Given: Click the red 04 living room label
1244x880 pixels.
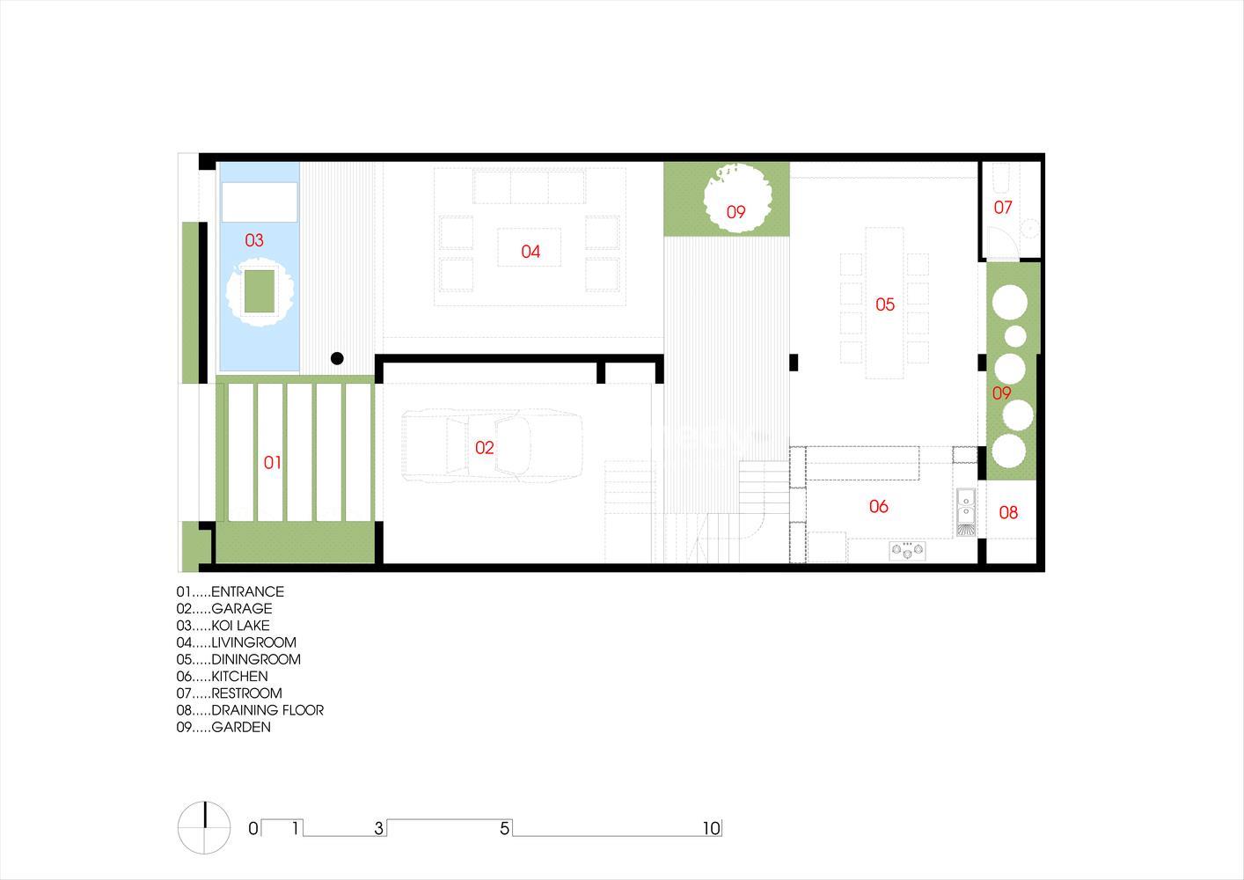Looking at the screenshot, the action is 531,252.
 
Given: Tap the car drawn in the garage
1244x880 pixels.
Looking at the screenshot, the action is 492,445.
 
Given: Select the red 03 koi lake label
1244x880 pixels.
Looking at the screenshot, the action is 254,240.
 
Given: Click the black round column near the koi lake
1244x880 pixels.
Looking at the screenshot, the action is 337,358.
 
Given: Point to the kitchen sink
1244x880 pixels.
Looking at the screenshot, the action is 966,512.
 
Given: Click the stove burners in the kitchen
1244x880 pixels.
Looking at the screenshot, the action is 907,550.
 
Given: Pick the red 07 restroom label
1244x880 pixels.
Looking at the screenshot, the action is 1002,207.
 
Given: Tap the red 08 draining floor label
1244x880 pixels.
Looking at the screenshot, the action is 1008,512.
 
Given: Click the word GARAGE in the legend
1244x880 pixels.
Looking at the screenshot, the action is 242,608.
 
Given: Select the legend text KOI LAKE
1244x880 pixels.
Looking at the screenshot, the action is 240,626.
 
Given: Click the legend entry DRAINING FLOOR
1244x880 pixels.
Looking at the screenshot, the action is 267,710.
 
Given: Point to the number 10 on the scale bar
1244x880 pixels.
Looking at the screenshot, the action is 711,828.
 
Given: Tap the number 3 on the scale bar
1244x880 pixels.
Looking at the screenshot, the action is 379,828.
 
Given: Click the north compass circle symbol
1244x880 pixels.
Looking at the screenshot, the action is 204,828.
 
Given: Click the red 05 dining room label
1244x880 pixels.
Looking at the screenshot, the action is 885,304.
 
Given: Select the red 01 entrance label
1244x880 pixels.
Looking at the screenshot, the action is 272,462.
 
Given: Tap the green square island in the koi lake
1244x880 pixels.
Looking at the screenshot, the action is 260,291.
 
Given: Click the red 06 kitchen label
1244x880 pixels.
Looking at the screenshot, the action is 878,506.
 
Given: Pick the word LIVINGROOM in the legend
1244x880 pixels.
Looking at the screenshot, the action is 253,642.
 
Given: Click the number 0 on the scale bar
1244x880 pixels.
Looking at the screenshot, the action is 253,828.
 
